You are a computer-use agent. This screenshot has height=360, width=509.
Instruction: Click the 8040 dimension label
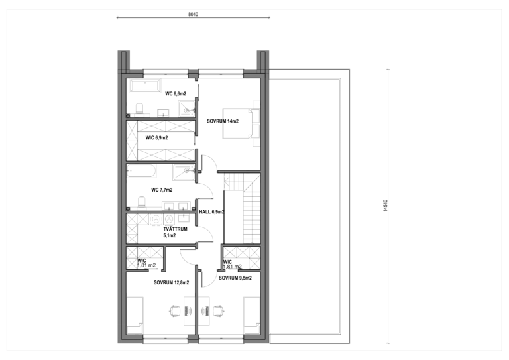point(193,15)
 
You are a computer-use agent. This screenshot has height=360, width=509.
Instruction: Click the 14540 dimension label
point(386,206)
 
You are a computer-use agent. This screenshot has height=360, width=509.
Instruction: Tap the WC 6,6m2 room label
point(176,94)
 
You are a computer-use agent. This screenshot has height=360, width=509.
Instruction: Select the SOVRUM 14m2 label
point(223,121)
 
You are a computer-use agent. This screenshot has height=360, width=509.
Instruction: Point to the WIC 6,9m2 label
point(157,138)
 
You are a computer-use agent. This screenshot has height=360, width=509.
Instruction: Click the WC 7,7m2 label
point(162,190)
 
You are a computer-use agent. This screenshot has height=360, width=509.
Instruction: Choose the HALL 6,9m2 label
point(211,212)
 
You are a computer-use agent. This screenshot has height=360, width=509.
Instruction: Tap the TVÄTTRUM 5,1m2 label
point(175,233)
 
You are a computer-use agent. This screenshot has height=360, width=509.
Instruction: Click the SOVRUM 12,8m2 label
point(172,282)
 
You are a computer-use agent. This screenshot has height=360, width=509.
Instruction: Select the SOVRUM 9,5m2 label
point(235,278)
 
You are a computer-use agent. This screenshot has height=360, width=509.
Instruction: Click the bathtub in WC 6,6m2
point(144,86)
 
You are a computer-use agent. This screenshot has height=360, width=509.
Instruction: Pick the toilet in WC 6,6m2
point(140,109)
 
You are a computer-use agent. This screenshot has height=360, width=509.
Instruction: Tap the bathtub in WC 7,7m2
point(141,171)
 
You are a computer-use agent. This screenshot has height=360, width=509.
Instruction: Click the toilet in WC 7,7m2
point(142,202)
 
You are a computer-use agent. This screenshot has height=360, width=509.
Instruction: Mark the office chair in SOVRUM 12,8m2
point(175,311)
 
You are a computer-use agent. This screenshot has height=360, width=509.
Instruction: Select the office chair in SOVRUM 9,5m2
point(218,311)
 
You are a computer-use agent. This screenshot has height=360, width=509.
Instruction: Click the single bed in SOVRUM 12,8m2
point(135,315)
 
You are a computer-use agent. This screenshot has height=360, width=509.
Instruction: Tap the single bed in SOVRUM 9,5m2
point(252,315)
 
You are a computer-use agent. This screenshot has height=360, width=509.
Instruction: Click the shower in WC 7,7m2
point(184,172)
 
